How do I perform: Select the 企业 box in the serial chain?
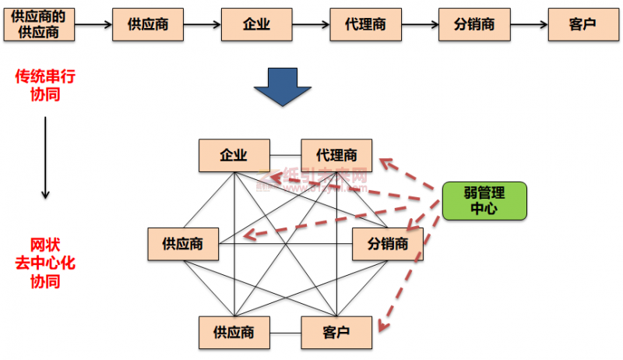click(x=257, y=24)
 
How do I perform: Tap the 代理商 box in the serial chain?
click(x=365, y=24)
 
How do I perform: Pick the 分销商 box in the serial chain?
click(x=474, y=24)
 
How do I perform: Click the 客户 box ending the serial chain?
click(x=583, y=24)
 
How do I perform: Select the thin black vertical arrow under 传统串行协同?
click(x=45, y=156)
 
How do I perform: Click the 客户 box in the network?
click(x=336, y=333)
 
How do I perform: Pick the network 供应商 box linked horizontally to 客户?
click(x=234, y=333)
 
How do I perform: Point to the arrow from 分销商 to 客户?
click(x=528, y=24)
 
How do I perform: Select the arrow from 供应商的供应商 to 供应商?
click(x=94, y=24)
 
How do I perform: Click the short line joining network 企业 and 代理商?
click(x=285, y=155)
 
